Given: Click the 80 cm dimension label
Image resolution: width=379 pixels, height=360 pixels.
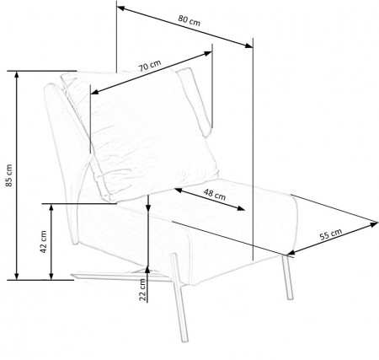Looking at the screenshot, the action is coord(189,20).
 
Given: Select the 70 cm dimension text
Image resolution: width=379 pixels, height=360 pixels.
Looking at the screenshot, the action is coord(150,66).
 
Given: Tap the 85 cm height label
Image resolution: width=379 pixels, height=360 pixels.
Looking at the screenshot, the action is coord(9,175).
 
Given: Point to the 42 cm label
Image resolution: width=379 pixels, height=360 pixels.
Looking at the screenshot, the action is coord(44,242).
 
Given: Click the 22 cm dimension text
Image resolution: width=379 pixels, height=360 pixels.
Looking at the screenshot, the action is coord(143,290).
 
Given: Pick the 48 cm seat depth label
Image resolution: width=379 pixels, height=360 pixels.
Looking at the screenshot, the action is coord(215,195).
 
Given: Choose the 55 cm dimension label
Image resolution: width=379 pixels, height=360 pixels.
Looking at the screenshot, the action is coord(331,234).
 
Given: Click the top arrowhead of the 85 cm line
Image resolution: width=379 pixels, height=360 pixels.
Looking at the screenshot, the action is coord(17,74).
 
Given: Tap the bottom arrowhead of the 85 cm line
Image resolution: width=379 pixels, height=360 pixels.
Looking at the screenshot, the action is coord(17,277).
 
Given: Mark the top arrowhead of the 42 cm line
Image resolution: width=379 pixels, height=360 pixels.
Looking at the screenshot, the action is coord(51,207).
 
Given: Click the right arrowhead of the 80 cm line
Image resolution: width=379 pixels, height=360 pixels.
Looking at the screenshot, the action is coord(248,46).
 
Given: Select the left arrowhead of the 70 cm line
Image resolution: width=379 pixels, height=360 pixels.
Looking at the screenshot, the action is coord(94,92).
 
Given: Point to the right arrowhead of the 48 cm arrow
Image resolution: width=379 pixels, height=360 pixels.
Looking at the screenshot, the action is coord(241,208).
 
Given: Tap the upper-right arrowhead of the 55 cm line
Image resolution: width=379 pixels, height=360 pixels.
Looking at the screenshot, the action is coord(375,224).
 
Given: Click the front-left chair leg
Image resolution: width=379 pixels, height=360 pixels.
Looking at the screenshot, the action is coord(179,298).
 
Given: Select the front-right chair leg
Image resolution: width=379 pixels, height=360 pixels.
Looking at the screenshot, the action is coord(287,277).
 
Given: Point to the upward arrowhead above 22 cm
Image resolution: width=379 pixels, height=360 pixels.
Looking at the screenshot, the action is coord(147,269).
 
